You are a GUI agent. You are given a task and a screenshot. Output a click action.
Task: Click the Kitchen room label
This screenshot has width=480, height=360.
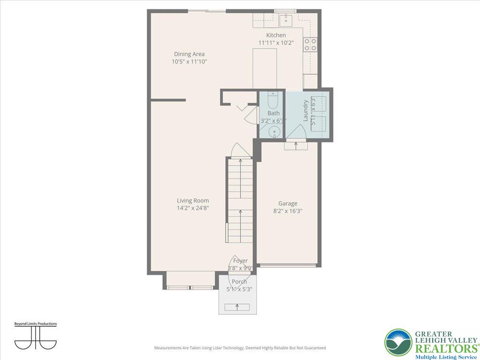(276, 35)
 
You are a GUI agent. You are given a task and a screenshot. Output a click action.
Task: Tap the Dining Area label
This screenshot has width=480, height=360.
(189, 54)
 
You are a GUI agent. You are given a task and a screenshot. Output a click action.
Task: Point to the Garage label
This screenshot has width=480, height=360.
(288, 203)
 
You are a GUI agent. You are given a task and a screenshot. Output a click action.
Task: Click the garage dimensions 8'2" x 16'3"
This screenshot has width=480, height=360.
(288, 211)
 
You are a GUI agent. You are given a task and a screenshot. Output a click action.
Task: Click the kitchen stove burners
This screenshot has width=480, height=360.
(310, 45)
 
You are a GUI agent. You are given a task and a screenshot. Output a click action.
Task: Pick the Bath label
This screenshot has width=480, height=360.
(273, 113)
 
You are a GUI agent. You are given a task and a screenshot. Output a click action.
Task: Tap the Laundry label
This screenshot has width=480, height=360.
(306, 110)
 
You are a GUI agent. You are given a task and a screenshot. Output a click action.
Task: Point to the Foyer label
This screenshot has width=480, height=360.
(240, 261)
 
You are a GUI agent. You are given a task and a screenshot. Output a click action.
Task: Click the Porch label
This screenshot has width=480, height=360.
(239, 282)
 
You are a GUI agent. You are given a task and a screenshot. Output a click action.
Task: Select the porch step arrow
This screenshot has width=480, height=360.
(237, 307)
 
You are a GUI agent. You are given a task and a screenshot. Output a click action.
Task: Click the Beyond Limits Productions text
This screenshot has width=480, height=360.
(36, 324)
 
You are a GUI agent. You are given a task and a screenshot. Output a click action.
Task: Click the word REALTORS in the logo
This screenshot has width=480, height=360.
(445, 348)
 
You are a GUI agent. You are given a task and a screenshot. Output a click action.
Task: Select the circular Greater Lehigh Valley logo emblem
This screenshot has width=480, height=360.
(398, 343)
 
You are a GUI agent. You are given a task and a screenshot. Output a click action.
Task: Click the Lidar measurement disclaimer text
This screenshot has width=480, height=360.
(240, 348)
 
